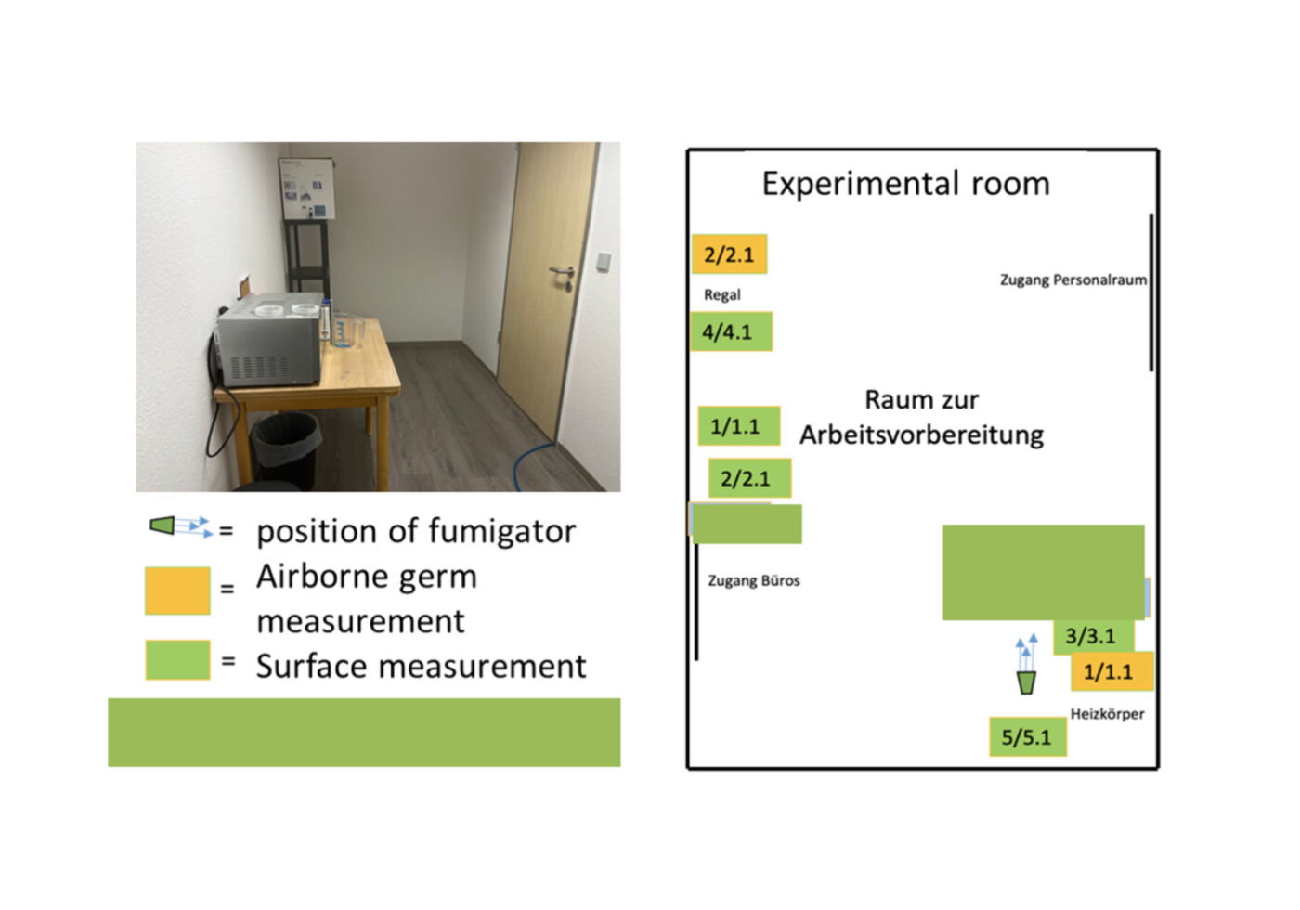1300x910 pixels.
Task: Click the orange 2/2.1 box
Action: pos(729,254)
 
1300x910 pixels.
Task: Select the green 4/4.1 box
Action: pos(731,331)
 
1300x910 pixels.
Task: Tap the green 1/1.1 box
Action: pos(738,426)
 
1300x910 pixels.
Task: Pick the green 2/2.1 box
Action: pos(748,478)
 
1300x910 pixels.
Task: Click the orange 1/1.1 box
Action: pos(1111,671)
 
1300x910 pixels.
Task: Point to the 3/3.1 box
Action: pos(1093,636)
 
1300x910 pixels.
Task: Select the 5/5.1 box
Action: pos(1027,737)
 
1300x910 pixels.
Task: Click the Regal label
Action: pos(721,294)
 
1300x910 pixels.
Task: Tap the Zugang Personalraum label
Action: pos(1072,279)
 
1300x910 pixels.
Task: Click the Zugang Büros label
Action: pos(753,580)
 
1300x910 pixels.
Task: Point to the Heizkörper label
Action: pos(1107,714)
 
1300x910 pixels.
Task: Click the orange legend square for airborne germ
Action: pos(177,591)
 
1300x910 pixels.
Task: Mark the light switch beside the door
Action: pos(604,262)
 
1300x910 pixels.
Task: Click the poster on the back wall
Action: pos(307,188)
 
